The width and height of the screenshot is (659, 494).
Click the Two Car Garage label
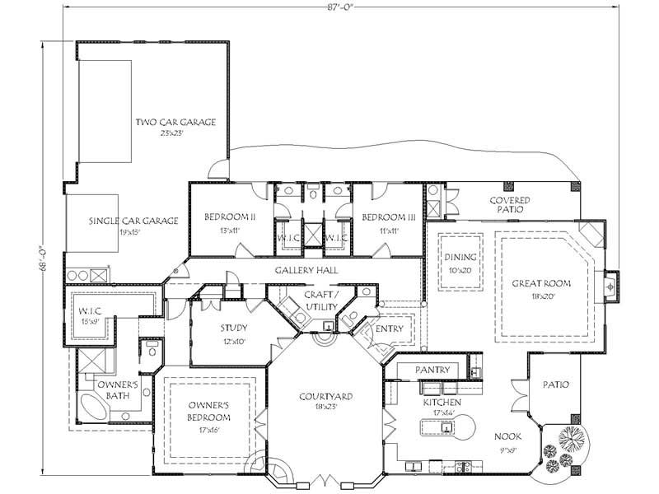(175, 123)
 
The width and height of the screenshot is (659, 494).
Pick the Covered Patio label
(509, 204)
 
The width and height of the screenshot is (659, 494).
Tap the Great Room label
(541, 283)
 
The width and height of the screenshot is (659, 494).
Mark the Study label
(233, 327)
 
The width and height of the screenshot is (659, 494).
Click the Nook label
(506, 437)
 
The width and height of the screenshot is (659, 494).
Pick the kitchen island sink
(446, 426)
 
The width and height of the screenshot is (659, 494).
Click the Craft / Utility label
(317, 300)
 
